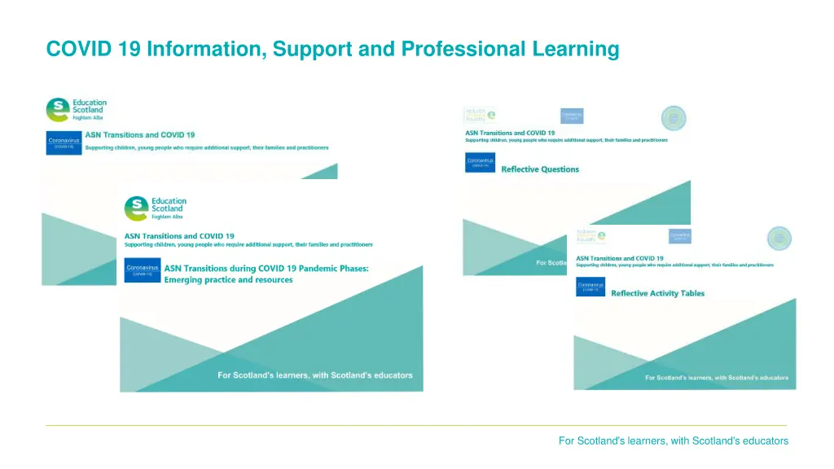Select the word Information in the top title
coord(204,50)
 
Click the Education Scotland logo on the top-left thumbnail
coord(77,110)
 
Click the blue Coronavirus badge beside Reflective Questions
coord(480,163)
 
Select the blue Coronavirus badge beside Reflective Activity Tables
coord(590,287)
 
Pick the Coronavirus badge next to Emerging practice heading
coord(142,270)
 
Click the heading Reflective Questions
coord(540,169)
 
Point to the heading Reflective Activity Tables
coord(657,293)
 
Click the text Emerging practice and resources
coord(229,280)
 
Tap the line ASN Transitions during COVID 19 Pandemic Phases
coord(266,268)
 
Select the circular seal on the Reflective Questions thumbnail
coord(673,119)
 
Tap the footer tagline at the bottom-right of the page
coord(673,441)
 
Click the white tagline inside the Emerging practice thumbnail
coord(314,375)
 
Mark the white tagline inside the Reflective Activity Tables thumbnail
coord(716,378)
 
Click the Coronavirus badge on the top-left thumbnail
coord(64,142)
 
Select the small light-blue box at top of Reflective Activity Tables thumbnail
coord(679,235)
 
